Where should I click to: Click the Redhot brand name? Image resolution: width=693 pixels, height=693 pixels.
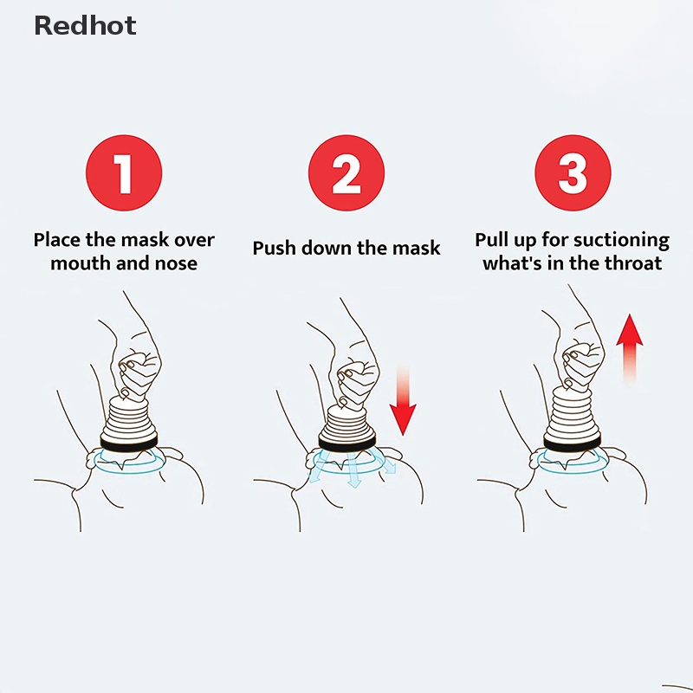(x=85, y=26)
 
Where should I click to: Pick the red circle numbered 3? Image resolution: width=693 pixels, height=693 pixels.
(x=572, y=173)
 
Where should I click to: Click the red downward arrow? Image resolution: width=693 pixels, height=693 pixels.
(x=403, y=400)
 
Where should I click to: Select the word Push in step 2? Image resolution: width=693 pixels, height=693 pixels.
(x=273, y=248)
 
